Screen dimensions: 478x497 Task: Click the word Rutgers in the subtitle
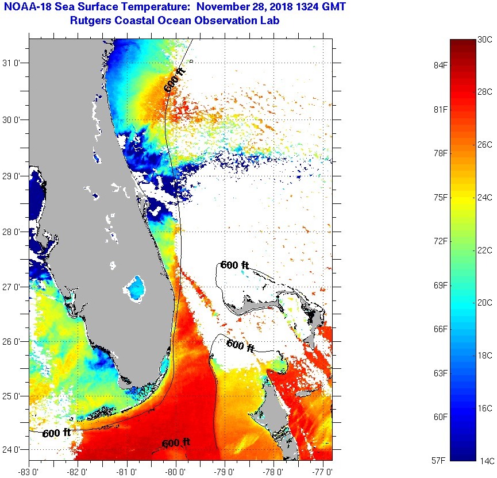[90, 21]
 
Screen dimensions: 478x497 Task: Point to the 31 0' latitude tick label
[13, 63]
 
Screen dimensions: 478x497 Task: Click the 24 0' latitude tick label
[13, 450]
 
